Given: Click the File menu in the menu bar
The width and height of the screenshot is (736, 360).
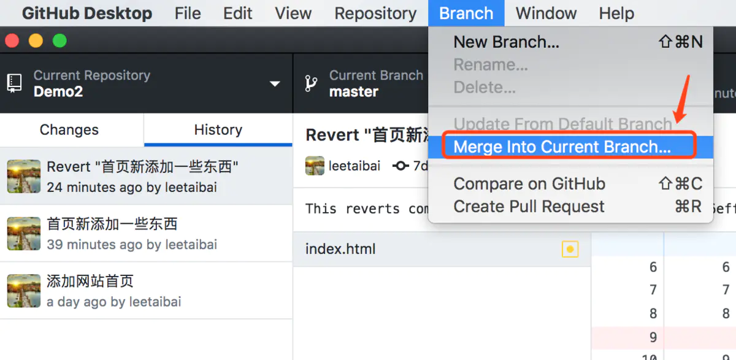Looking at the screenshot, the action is point(188,13).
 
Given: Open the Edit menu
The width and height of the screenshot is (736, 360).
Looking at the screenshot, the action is point(237,13).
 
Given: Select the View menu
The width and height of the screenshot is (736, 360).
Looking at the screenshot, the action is point(293,13).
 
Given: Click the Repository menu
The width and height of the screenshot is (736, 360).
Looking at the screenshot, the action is point(375,13).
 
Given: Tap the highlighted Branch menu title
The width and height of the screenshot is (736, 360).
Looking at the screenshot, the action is point(466,13).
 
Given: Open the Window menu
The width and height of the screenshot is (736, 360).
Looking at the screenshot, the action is point(546,13).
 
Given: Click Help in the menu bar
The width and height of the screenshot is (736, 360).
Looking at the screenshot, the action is point(616,13).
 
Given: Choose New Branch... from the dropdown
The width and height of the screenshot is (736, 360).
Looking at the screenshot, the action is point(506,42).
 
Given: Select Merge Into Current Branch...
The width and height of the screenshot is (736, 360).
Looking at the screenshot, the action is point(562,147).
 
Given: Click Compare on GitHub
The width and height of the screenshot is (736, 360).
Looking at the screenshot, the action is point(529,183).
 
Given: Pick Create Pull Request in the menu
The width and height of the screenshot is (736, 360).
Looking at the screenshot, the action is point(529,207).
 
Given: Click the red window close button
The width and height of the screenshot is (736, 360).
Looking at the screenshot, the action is point(12,41).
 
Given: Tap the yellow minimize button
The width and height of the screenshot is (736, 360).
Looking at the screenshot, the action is point(36,41).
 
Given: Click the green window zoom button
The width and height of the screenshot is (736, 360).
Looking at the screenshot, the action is point(59,41).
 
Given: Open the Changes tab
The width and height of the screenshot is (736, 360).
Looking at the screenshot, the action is point(69,130).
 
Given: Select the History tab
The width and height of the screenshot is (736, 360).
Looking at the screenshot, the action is point(218,130).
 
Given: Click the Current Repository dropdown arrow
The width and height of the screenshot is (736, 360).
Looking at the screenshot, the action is point(275,84).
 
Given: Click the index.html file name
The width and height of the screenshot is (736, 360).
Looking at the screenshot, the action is point(340,249).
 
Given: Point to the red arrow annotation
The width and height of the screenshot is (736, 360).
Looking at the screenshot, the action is point(681,98).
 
